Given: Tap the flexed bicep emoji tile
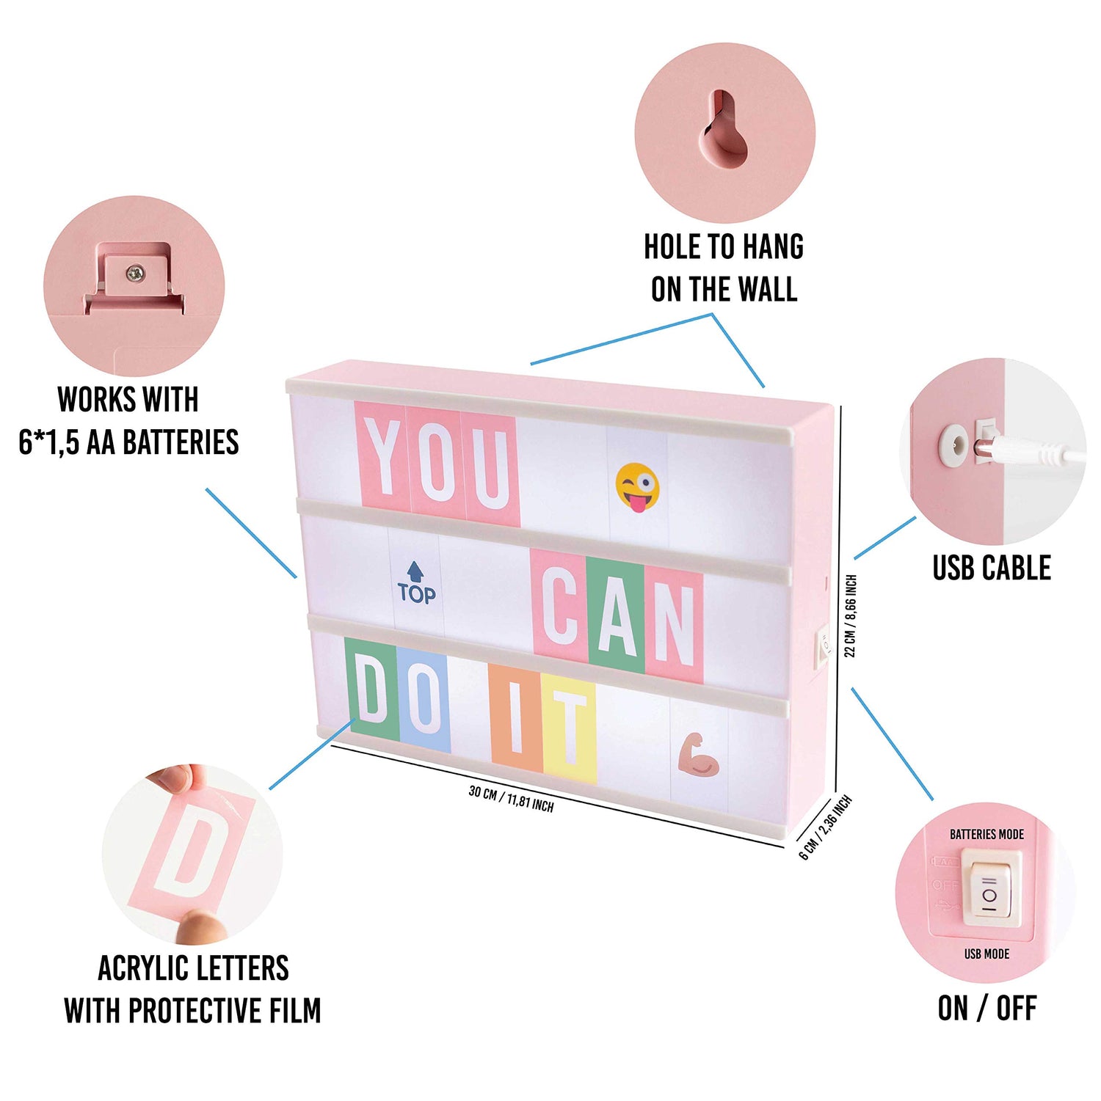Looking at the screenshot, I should click(x=697, y=754).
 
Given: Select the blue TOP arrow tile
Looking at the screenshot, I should click(x=416, y=584).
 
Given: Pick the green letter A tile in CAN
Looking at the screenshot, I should click(x=616, y=617).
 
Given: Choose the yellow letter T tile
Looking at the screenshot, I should click(x=569, y=729).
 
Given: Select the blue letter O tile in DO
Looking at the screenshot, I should click(x=424, y=698).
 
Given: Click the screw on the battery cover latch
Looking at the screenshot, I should click(x=135, y=274).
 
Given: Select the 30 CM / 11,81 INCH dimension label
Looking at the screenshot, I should click(x=512, y=799).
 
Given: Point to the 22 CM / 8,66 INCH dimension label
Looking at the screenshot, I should click(x=851, y=615).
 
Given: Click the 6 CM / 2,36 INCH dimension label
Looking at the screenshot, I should click(x=826, y=827).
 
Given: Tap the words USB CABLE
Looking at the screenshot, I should click(x=992, y=568).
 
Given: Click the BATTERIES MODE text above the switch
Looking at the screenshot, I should click(x=986, y=834).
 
